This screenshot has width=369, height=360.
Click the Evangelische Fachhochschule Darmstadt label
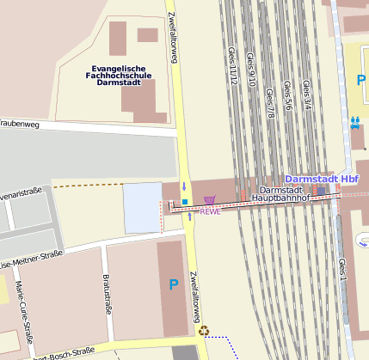[120, 76]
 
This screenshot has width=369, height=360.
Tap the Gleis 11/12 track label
[231, 67]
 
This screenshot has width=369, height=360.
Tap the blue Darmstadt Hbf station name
[322, 179]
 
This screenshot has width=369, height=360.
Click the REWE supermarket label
[211, 211]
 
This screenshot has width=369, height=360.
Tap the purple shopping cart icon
[209, 199]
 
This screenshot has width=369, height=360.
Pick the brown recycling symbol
[204, 329]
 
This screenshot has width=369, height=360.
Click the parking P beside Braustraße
[174, 284]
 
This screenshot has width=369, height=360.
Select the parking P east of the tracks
[361, 80]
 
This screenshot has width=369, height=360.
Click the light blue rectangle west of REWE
[142, 207]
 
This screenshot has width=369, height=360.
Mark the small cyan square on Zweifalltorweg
[183, 202]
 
